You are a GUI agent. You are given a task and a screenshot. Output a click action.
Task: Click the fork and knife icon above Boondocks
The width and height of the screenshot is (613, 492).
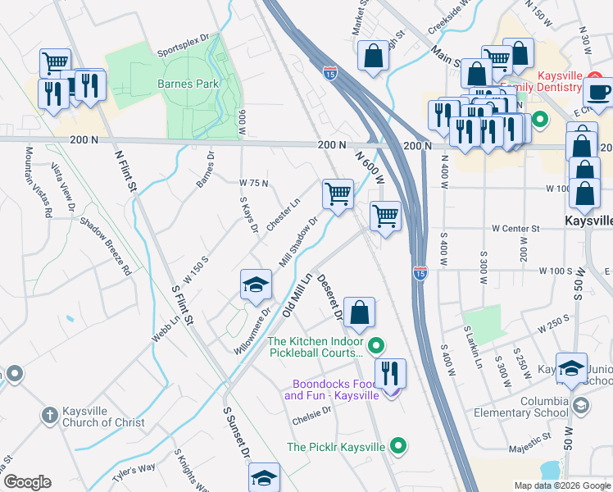click(x=390, y=372)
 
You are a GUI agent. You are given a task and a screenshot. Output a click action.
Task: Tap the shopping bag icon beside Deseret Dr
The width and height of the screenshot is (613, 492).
click(x=359, y=312)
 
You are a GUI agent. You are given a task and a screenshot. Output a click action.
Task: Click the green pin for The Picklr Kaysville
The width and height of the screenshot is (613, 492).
click(x=399, y=447)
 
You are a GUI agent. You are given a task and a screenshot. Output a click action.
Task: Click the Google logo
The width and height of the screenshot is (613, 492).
click(x=26, y=482)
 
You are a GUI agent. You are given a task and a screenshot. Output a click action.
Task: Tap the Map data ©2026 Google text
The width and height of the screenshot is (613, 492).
click(x=561, y=485)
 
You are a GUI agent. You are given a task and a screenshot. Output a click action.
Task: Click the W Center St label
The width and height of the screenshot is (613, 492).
click(x=515, y=228)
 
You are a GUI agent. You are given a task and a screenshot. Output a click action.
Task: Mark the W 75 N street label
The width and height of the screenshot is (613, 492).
click(x=253, y=182)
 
